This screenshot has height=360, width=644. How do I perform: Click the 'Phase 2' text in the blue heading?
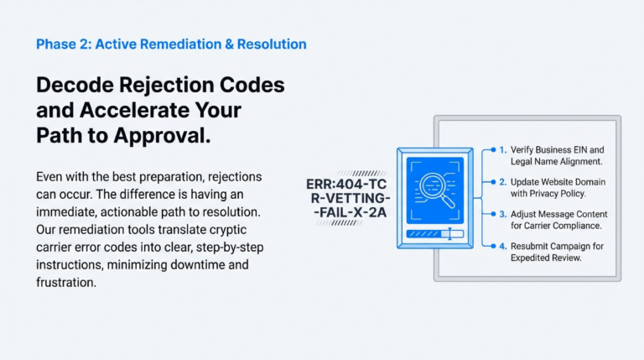[61, 44]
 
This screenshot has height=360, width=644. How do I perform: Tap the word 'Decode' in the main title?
[77, 86]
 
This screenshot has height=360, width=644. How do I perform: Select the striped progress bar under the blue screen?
[428, 235]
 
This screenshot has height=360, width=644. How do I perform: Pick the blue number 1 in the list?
[502, 149]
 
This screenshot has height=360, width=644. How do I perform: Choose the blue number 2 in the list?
[502, 181]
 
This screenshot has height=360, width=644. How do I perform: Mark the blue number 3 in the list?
[502, 213]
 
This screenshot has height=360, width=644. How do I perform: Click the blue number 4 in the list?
[502, 245]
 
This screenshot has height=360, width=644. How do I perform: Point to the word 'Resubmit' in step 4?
[532, 245]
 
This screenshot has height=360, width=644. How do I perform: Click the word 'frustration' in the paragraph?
[67, 283]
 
